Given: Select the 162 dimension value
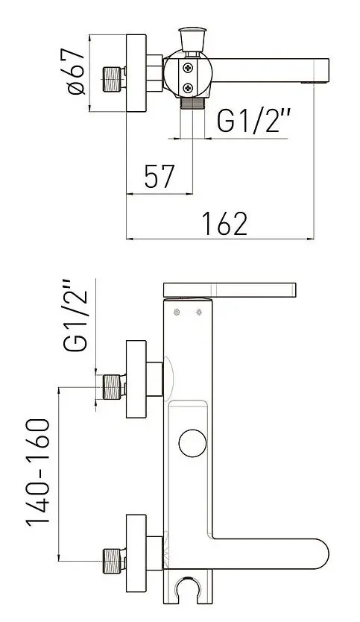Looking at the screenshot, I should click(224, 222).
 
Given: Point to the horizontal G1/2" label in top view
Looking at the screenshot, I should click(253, 121).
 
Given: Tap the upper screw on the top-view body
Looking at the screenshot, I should click(188, 69).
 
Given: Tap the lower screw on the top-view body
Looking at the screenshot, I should click(188, 89).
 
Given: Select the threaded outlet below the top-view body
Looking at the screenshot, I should click(193, 104).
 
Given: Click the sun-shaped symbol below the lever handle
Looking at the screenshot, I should click(199, 311).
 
